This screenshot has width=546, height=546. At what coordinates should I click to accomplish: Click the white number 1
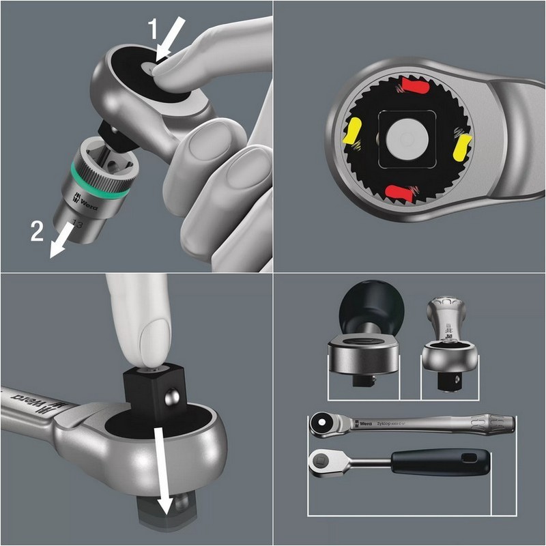(154, 30)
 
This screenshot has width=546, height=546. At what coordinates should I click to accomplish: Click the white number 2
(38, 231)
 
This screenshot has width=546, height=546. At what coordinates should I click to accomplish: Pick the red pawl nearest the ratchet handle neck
(414, 87)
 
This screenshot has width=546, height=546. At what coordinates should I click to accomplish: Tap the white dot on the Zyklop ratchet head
(319, 424)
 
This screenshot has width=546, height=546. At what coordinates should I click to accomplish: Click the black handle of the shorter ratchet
(440, 463)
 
